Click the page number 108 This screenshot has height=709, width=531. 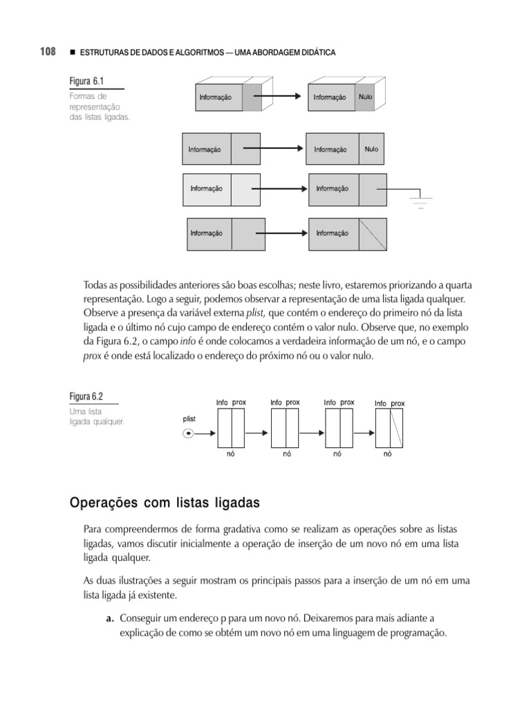(47, 52)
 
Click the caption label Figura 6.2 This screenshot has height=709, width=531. (86, 397)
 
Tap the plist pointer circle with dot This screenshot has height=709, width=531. (188, 434)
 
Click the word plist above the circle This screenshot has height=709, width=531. (189, 419)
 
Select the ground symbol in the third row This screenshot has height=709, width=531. (420, 201)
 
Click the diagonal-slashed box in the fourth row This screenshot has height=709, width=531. (373, 233)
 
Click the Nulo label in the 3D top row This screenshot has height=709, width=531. (365, 97)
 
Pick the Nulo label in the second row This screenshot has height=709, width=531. (371, 149)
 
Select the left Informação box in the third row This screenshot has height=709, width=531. (207, 189)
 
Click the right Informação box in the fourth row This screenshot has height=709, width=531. (333, 233)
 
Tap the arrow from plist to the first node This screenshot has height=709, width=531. (206, 434)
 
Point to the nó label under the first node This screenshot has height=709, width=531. (230, 454)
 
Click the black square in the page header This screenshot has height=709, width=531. (72, 53)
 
